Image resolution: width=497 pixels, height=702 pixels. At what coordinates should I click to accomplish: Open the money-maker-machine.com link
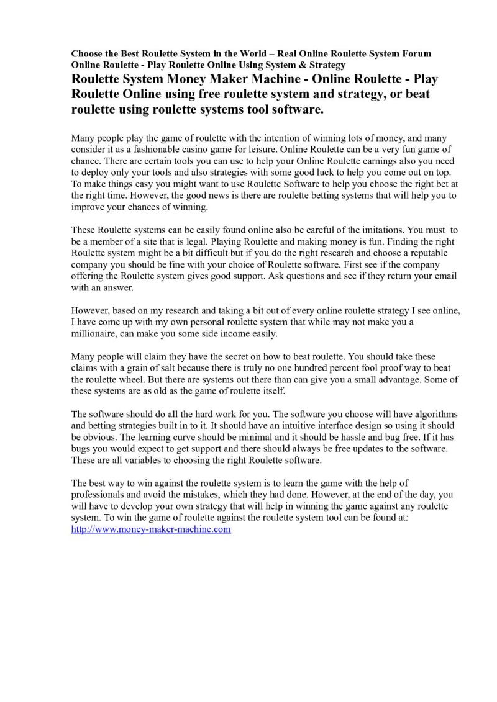point(151,530)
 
